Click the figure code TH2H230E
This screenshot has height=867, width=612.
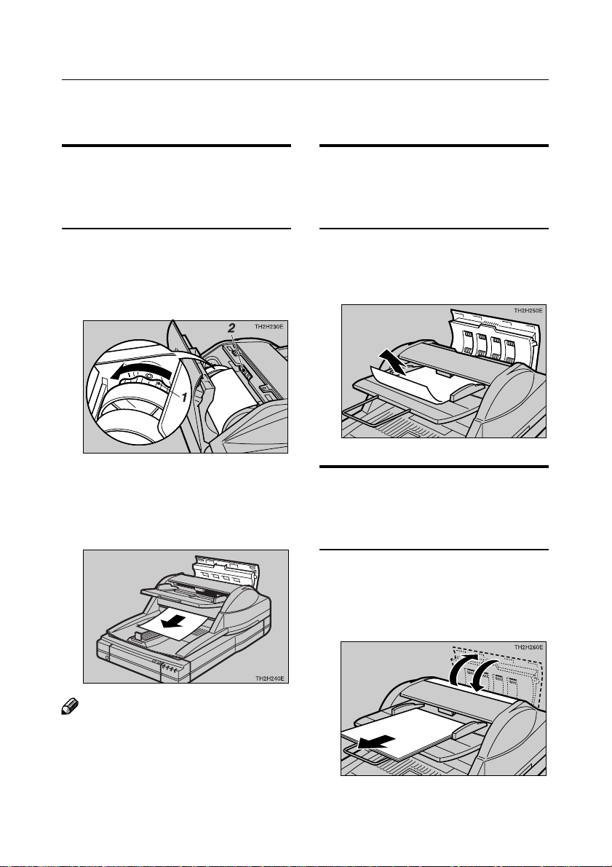click(266, 328)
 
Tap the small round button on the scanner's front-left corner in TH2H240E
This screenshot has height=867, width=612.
click(107, 657)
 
